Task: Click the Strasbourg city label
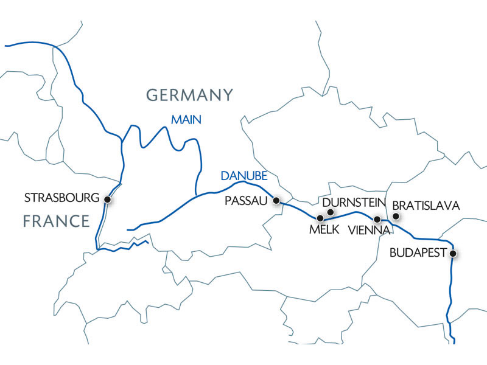(x=61, y=198)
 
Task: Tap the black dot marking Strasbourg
(x=108, y=199)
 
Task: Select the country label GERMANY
(x=189, y=95)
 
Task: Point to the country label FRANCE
(x=56, y=220)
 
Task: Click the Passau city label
(x=246, y=201)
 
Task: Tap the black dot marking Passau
(x=276, y=200)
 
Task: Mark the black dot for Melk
(x=320, y=217)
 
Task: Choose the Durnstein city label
(x=350, y=201)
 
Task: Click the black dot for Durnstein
(x=331, y=212)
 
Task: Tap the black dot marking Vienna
(x=377, y=219)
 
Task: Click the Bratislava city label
(x=426, y=206)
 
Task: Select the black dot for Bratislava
(x=396, y=216)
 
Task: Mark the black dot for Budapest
(x=452, y=253)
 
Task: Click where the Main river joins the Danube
(x=195, y=195)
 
